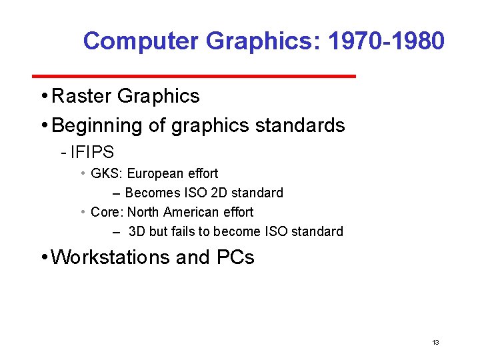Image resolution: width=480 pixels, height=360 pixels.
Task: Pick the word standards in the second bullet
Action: [303, 125]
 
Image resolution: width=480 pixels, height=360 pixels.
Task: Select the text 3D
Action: [137, 232]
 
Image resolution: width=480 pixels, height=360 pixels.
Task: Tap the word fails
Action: [181, 232]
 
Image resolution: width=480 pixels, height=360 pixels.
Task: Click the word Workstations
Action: [110, 257]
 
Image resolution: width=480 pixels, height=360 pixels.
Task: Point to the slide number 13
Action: [435, 343]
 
